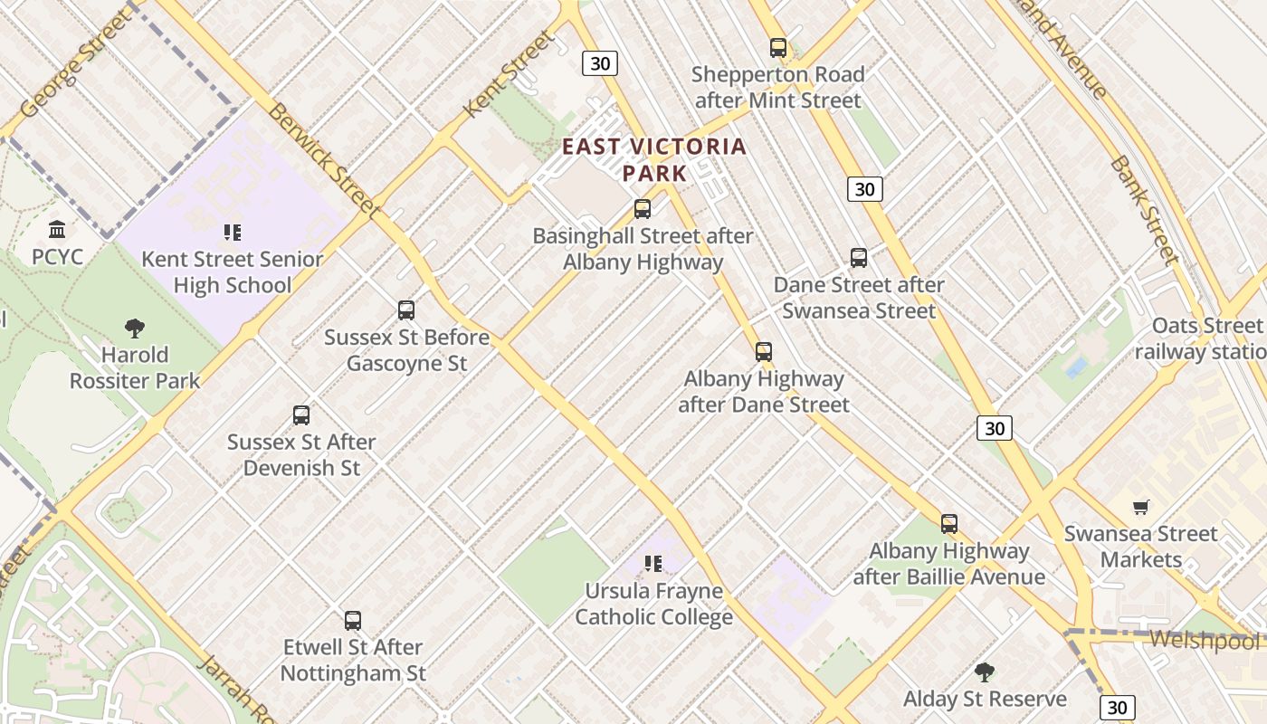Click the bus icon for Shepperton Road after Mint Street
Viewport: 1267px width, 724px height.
click(777, 48)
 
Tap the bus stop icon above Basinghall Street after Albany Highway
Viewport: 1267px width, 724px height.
click(643, 209)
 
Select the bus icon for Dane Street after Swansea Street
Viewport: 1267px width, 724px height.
click(859, 258)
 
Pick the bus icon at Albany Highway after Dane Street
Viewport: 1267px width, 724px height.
click(764, 352)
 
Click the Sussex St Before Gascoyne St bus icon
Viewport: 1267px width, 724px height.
click(406, 310)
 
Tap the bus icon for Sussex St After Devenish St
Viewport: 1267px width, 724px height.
click(301, 415)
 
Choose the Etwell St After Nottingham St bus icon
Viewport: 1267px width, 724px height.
click(353, 621)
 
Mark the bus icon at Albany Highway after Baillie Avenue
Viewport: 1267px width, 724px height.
click(948, 524)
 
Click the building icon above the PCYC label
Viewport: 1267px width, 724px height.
click(58, 229)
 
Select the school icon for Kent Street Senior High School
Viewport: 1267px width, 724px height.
click(233, 233)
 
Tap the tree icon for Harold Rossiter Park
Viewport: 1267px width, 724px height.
click(135, 328)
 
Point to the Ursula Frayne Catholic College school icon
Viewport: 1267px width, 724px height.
click(653, 565)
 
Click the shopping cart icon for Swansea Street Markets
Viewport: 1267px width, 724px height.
click(1140, 508)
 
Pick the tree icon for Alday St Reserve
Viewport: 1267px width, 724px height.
click(985, 672)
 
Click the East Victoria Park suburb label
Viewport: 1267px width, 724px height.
click(655, 158)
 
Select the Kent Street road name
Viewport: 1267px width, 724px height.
click(509, 73)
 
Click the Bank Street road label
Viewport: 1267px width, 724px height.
click(1144, 210)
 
